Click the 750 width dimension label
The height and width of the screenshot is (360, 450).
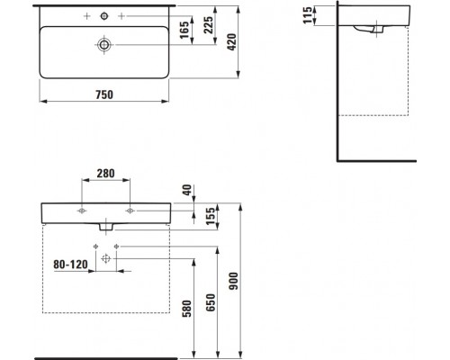[x=104, y=94]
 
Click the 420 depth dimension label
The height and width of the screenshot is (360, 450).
[x=232, y=41]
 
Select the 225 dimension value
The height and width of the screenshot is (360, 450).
[x=209, y=24]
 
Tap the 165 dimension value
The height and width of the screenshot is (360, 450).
[x=184, y=30]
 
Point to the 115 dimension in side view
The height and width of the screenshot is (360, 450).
[x=308, y=15]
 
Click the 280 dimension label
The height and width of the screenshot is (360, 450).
[x=105, y=174]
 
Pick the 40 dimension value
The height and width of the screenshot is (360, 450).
[x=187, y=190]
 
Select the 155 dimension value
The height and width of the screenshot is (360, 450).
[x=211, y=216]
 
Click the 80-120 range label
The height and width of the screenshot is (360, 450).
[x=70, y=265]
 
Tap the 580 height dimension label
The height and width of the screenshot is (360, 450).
[x=186, y=309]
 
